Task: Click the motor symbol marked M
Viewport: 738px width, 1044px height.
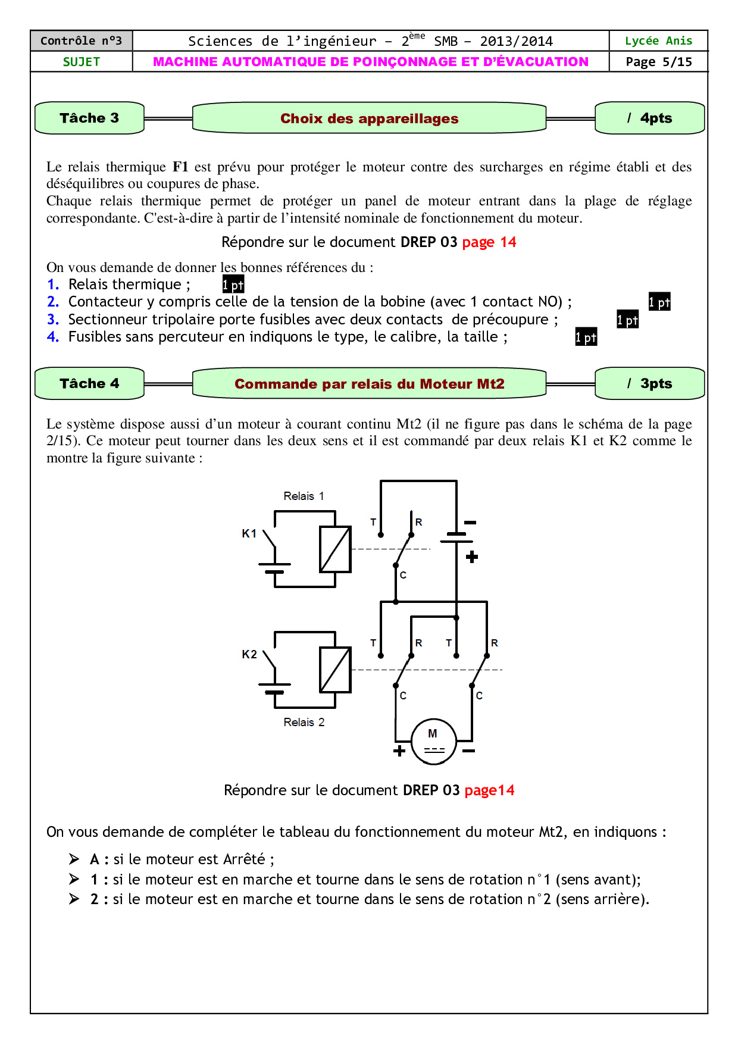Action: [x=434, y=741]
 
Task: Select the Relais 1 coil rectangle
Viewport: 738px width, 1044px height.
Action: [x=335, y=549]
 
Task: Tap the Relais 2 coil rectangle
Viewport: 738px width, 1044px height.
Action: [x=335, y=670]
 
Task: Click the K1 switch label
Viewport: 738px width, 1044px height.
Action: [x=249, y=533]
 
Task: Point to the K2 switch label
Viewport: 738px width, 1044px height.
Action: [x=249, y=654]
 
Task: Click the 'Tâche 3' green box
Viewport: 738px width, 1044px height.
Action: [x=89, y=118]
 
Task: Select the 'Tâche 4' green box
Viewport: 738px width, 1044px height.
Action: [x=89, y=383]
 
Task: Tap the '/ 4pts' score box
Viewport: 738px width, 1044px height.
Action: [x=650, y=118]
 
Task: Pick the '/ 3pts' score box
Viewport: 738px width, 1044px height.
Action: [x=650, y=383]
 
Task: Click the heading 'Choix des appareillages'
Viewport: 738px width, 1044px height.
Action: [x=369, y=118]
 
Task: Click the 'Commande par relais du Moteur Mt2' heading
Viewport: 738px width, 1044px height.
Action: [x=369, y=384]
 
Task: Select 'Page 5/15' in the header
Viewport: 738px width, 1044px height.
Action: [x=659, y=62]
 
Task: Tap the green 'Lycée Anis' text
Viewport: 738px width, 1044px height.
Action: [x=659, y=41]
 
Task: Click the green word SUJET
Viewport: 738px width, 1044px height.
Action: [x=82, y=62]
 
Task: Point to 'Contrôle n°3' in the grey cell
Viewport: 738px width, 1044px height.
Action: [x=82, y=41]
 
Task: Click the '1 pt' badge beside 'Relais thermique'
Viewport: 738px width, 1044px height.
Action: [x=233, y=285]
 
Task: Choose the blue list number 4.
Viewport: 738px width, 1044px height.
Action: [x=53, y=337]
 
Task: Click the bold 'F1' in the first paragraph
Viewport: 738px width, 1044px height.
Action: [x=180, y=167]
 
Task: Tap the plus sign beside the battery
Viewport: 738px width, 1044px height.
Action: [x=472, y=557]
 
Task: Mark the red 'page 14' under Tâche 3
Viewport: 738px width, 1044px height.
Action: [x=489, y=242]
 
